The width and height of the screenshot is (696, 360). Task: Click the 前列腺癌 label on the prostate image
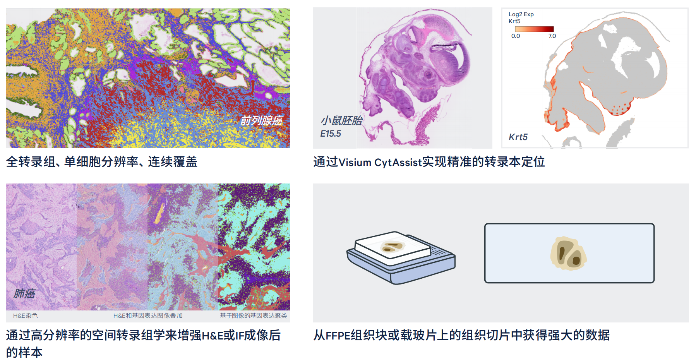tap(262, 120)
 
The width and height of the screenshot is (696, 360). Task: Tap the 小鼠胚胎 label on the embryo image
tap(341, 120)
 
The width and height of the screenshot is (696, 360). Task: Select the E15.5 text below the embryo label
tap(331, 134)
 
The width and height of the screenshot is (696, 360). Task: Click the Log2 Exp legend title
tap(521, 14)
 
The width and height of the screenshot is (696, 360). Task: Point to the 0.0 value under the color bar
tap(516, 36)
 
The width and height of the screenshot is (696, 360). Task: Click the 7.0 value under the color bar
tap(552, 36)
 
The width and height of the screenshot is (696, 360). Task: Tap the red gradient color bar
tap(534, 29)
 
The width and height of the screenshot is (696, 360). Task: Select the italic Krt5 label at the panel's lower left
tap(518, 137)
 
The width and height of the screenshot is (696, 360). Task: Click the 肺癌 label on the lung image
tap(24, 293)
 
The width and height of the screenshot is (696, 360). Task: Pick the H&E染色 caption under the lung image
tap(26, 316)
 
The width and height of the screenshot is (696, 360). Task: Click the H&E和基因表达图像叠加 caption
tap(148, 316)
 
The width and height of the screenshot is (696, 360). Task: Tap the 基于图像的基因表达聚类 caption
tap(254, 316)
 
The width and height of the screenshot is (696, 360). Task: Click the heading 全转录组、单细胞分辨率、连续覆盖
tap(102, 161)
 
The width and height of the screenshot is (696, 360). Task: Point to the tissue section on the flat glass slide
tap(569, 254)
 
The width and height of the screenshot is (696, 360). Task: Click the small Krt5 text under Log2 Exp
tap(514, 21)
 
